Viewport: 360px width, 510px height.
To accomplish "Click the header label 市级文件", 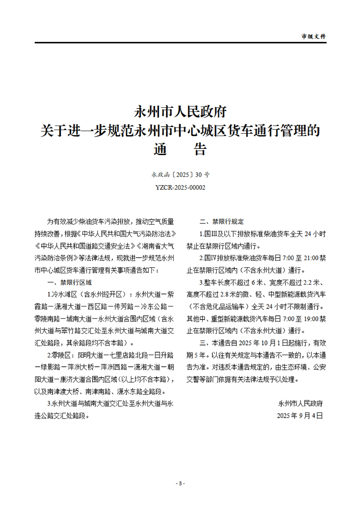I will coord(314,36).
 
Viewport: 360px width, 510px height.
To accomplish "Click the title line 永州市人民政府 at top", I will coord(180,111).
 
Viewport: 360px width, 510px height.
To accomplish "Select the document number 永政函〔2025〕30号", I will coord(180,174).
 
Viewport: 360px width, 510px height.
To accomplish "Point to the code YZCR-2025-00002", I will coord(180,187).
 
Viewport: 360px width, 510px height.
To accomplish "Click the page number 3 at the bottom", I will coord(180,483).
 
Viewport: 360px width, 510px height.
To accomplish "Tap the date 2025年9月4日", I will coord(300,415).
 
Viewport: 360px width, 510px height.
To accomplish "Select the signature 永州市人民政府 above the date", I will coord(300,403).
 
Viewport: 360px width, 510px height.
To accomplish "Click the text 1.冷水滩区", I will coord(64,294).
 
